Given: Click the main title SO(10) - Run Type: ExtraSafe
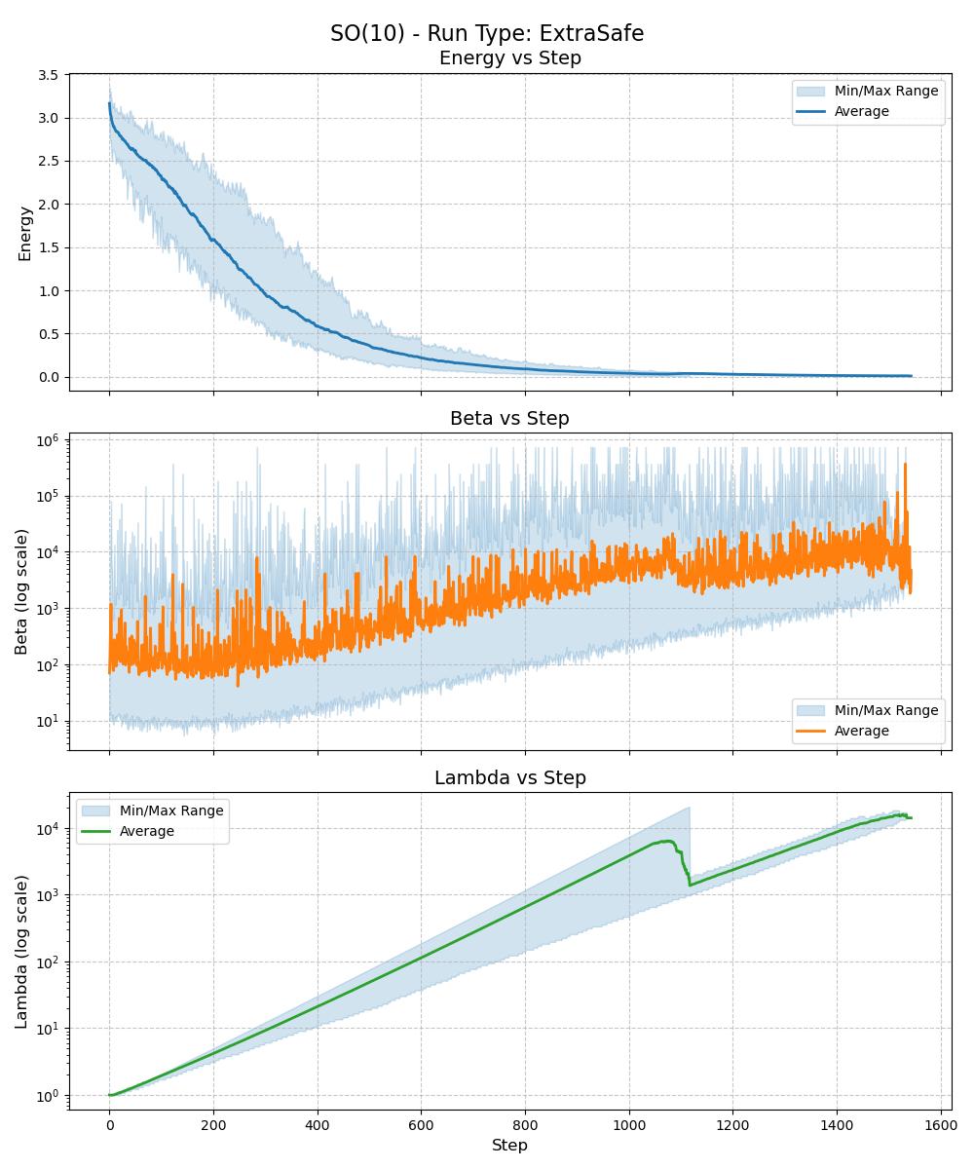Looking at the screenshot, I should tap(487, 33).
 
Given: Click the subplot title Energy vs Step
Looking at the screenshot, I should tap(509, 58).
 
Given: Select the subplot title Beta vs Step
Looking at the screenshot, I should tap(509, 419).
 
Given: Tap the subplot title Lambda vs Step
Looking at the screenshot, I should tap(509, 778).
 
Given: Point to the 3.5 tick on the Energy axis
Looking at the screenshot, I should tap(48, 75).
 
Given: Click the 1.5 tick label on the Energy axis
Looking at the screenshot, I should tap(48, 247).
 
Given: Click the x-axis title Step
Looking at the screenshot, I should tap(509, 1146).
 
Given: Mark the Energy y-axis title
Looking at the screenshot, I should tap(25, 233).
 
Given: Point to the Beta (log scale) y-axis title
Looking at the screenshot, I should tap(21, 591).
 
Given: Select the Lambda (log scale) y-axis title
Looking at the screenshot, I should tap(21, 952).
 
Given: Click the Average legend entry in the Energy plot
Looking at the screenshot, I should tap(861, 112).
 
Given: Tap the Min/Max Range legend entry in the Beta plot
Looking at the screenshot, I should tap(886, 711).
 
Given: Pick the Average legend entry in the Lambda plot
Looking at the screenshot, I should tap(146, 832).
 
